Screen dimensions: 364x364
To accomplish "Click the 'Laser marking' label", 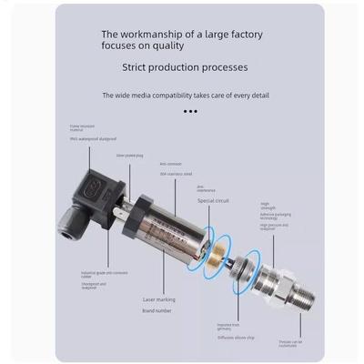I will (x=159, y=298).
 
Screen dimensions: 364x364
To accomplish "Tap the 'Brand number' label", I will (x=157, y=311).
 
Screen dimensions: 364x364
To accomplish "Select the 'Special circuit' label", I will (x=212, y=200).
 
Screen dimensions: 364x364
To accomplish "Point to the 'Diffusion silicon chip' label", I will (x=238, y=336).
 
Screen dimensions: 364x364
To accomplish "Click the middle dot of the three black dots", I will (x=190, y=111).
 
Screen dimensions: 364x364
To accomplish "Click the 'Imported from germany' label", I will (x=227, y=325).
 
